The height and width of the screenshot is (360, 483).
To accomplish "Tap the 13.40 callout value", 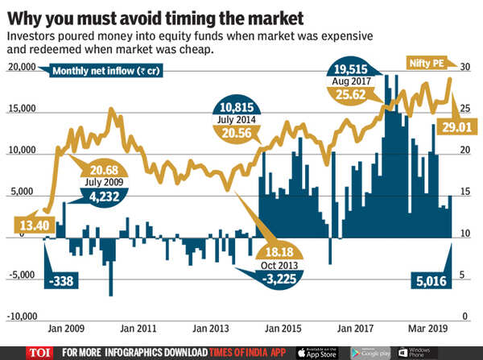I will (29, 223).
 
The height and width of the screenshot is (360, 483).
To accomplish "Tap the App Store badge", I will (318, 352).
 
